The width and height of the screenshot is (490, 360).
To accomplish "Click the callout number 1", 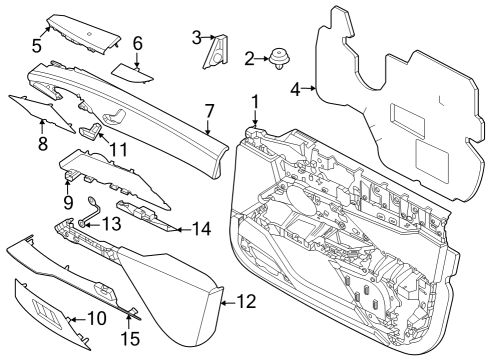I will [x=255, y=101].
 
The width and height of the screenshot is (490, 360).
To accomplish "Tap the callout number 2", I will [x=249, y=60].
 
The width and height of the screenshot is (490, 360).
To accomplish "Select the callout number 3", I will [x=197, y=37].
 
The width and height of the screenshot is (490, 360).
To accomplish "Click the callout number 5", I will [x=37, y=45].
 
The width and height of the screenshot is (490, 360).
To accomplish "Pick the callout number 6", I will [x=138, y=43].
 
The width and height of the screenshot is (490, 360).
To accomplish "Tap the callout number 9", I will [x=70, y=201].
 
